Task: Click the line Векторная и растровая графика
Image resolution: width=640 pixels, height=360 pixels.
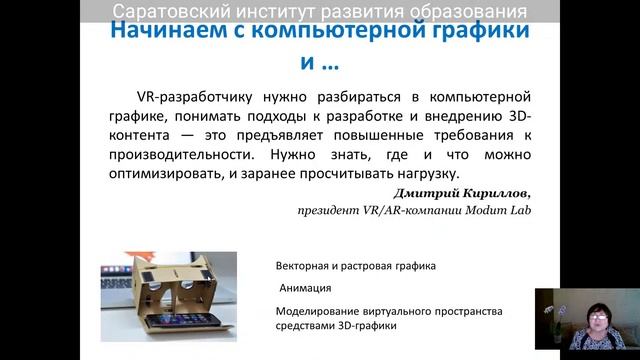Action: tap(355, 267)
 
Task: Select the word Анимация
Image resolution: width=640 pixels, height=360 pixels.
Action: tap(306, 289)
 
